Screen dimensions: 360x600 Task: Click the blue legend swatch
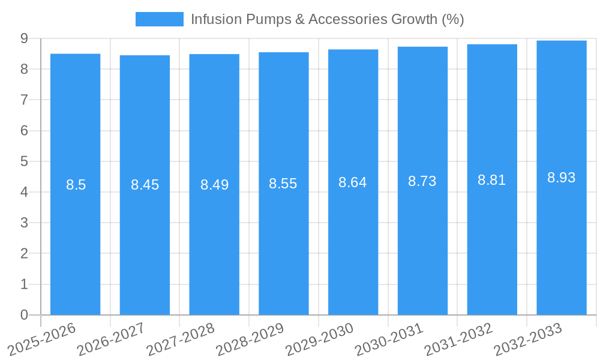(x=159, y=19)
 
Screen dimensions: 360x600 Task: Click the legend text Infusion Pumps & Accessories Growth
(x=327, y=19)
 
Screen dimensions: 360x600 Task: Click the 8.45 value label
(x=145, y=185)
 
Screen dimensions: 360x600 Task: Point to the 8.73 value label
(x=422, y=181)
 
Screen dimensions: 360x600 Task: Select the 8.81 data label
(x=492, y=180)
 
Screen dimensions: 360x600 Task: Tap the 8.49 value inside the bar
(x=214, y=185)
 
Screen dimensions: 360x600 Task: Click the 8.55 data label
(x=283, y=184)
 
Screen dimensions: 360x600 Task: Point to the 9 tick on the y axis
(x=24, y=38)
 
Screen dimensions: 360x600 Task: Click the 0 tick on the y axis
(x=24, y=315)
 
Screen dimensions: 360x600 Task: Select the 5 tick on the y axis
(x=24, y=161)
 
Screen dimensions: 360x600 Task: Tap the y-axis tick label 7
(x=24, y=100)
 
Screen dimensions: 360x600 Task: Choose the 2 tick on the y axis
(x=24, y=254)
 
